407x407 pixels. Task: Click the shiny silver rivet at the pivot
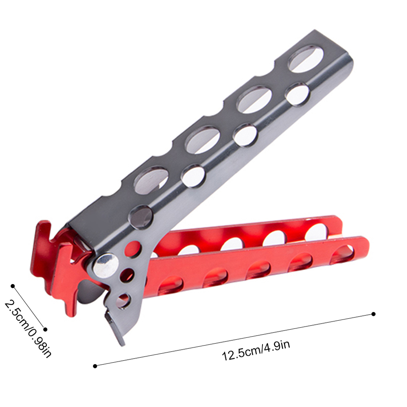(x=106, y=265)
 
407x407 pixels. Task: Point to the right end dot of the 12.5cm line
(x=374, y=314)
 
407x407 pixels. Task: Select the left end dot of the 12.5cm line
(x=95, y=366)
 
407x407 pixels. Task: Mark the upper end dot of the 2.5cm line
(x=13, y=286)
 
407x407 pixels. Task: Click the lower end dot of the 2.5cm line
(x=46, y=329)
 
